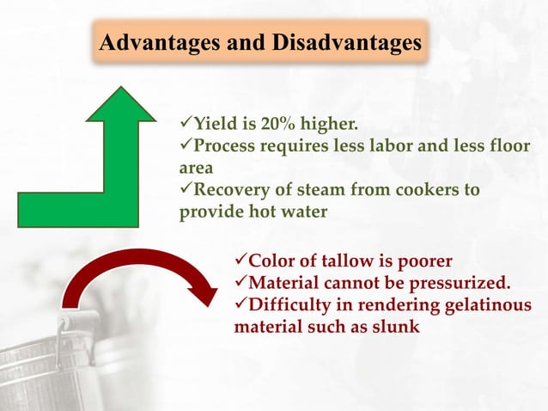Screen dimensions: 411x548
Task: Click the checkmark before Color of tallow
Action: coord(241,261)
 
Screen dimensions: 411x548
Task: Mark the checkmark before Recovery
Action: coord(186,189)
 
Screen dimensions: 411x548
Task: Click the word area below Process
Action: coord(195,168)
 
